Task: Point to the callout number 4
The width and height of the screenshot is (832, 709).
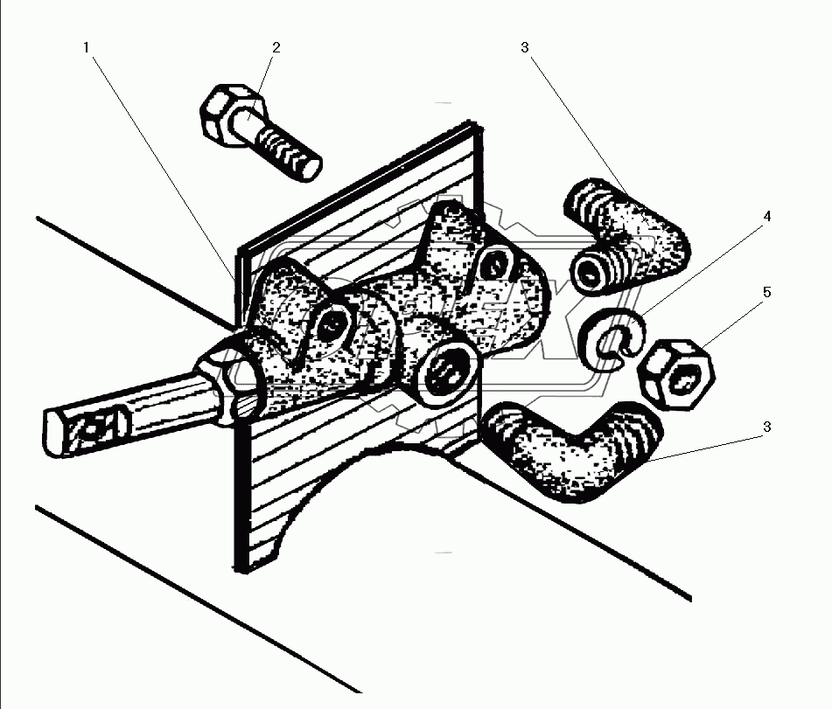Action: [x=766, y=216]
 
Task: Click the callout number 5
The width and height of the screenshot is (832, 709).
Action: [x=766, y=292]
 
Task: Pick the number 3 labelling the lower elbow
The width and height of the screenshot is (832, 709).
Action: [x=766, y=427]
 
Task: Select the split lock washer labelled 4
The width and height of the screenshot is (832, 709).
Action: [x=613, y=336]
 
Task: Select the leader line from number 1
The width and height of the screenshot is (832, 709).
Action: [x=157, y=157]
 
